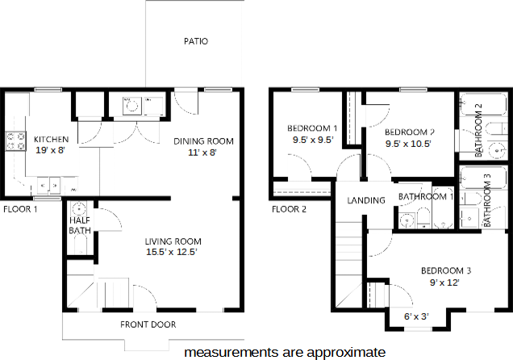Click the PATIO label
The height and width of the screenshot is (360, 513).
(x=196, y=41)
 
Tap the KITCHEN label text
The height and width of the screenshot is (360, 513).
(x=50, y=138)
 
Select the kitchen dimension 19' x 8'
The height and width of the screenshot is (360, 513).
(x=50, y=149)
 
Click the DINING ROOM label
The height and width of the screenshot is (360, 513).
(x=204, y=141)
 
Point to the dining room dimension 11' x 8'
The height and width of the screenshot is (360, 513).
(x=203, y=152)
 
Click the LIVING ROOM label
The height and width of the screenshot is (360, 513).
(x=173, y=241)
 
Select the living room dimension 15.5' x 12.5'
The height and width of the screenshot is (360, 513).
(x=172, y=252)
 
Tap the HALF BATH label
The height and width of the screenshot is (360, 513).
(x=79, y=225)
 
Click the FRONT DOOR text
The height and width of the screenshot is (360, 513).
(x=148, y=324)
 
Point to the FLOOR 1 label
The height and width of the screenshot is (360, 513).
(x=20, y=209)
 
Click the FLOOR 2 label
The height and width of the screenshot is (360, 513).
(x=289, y=210)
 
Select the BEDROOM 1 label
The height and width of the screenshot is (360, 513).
(x=312, y=128)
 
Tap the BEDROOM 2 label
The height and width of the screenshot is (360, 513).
(x=410, y=132)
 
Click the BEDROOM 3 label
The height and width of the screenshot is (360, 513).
(x=445, y=270)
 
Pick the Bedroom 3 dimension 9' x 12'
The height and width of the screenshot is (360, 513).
(x=444, y=283)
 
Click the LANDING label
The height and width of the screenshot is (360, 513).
(x=365, y=200)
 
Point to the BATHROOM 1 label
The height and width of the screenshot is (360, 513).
(x=427, y=197)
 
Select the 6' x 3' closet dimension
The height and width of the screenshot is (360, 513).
(x=416, y=316)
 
